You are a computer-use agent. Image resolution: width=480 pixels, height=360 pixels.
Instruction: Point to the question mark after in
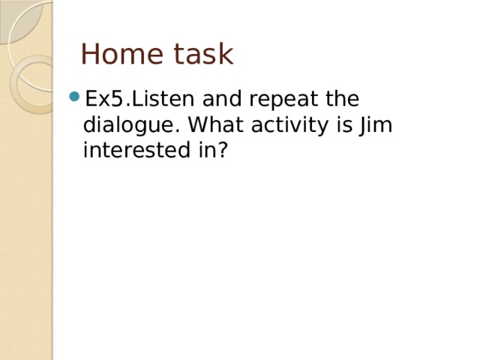(223, 150)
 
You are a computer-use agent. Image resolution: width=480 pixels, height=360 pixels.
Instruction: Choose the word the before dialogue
(342, 100)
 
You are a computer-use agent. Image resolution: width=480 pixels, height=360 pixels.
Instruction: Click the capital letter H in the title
(90, 55)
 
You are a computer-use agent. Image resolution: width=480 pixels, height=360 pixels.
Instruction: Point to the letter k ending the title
(226, 55)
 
